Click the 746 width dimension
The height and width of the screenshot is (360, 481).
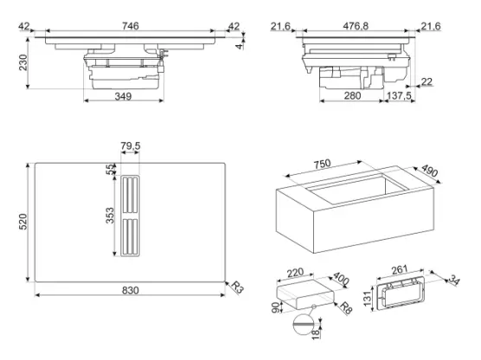(x=131, y=26)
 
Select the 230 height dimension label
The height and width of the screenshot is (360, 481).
(x=23, y=62)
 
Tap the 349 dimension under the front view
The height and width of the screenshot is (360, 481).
(x=123, y=96)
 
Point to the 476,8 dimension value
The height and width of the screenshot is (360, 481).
(x=356, y=26)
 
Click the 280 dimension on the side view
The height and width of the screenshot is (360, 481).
(x=352, y=96)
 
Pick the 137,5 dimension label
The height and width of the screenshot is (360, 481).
(x=399, y=96)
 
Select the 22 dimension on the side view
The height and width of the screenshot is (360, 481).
(x=426, y=81)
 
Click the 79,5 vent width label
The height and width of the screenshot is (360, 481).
(x=131, y=145)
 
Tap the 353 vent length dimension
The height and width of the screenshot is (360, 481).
(x=110, y=215)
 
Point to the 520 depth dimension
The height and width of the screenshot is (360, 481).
(x=23, y=222)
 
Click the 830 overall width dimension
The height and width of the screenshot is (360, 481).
(x=131, y=290)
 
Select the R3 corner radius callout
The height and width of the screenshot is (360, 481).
(x=236, y=287)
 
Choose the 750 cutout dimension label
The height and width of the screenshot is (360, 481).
(x=322, y=164)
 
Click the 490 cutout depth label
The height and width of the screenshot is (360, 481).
(x=429, y=170)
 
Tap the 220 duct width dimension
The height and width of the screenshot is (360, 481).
(x=295, y=273)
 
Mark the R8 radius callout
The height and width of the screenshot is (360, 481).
(x=345, y=308)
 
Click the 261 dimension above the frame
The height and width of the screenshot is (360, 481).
(x=399, y=269)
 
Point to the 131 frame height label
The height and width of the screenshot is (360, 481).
(x=368, y=299)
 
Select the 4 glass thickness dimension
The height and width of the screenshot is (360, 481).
(x=239, y=46)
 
